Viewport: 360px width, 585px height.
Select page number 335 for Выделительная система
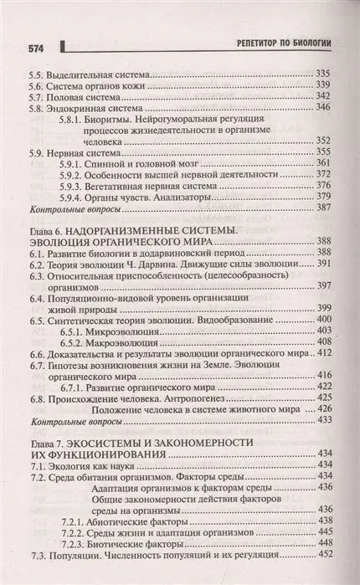321,73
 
